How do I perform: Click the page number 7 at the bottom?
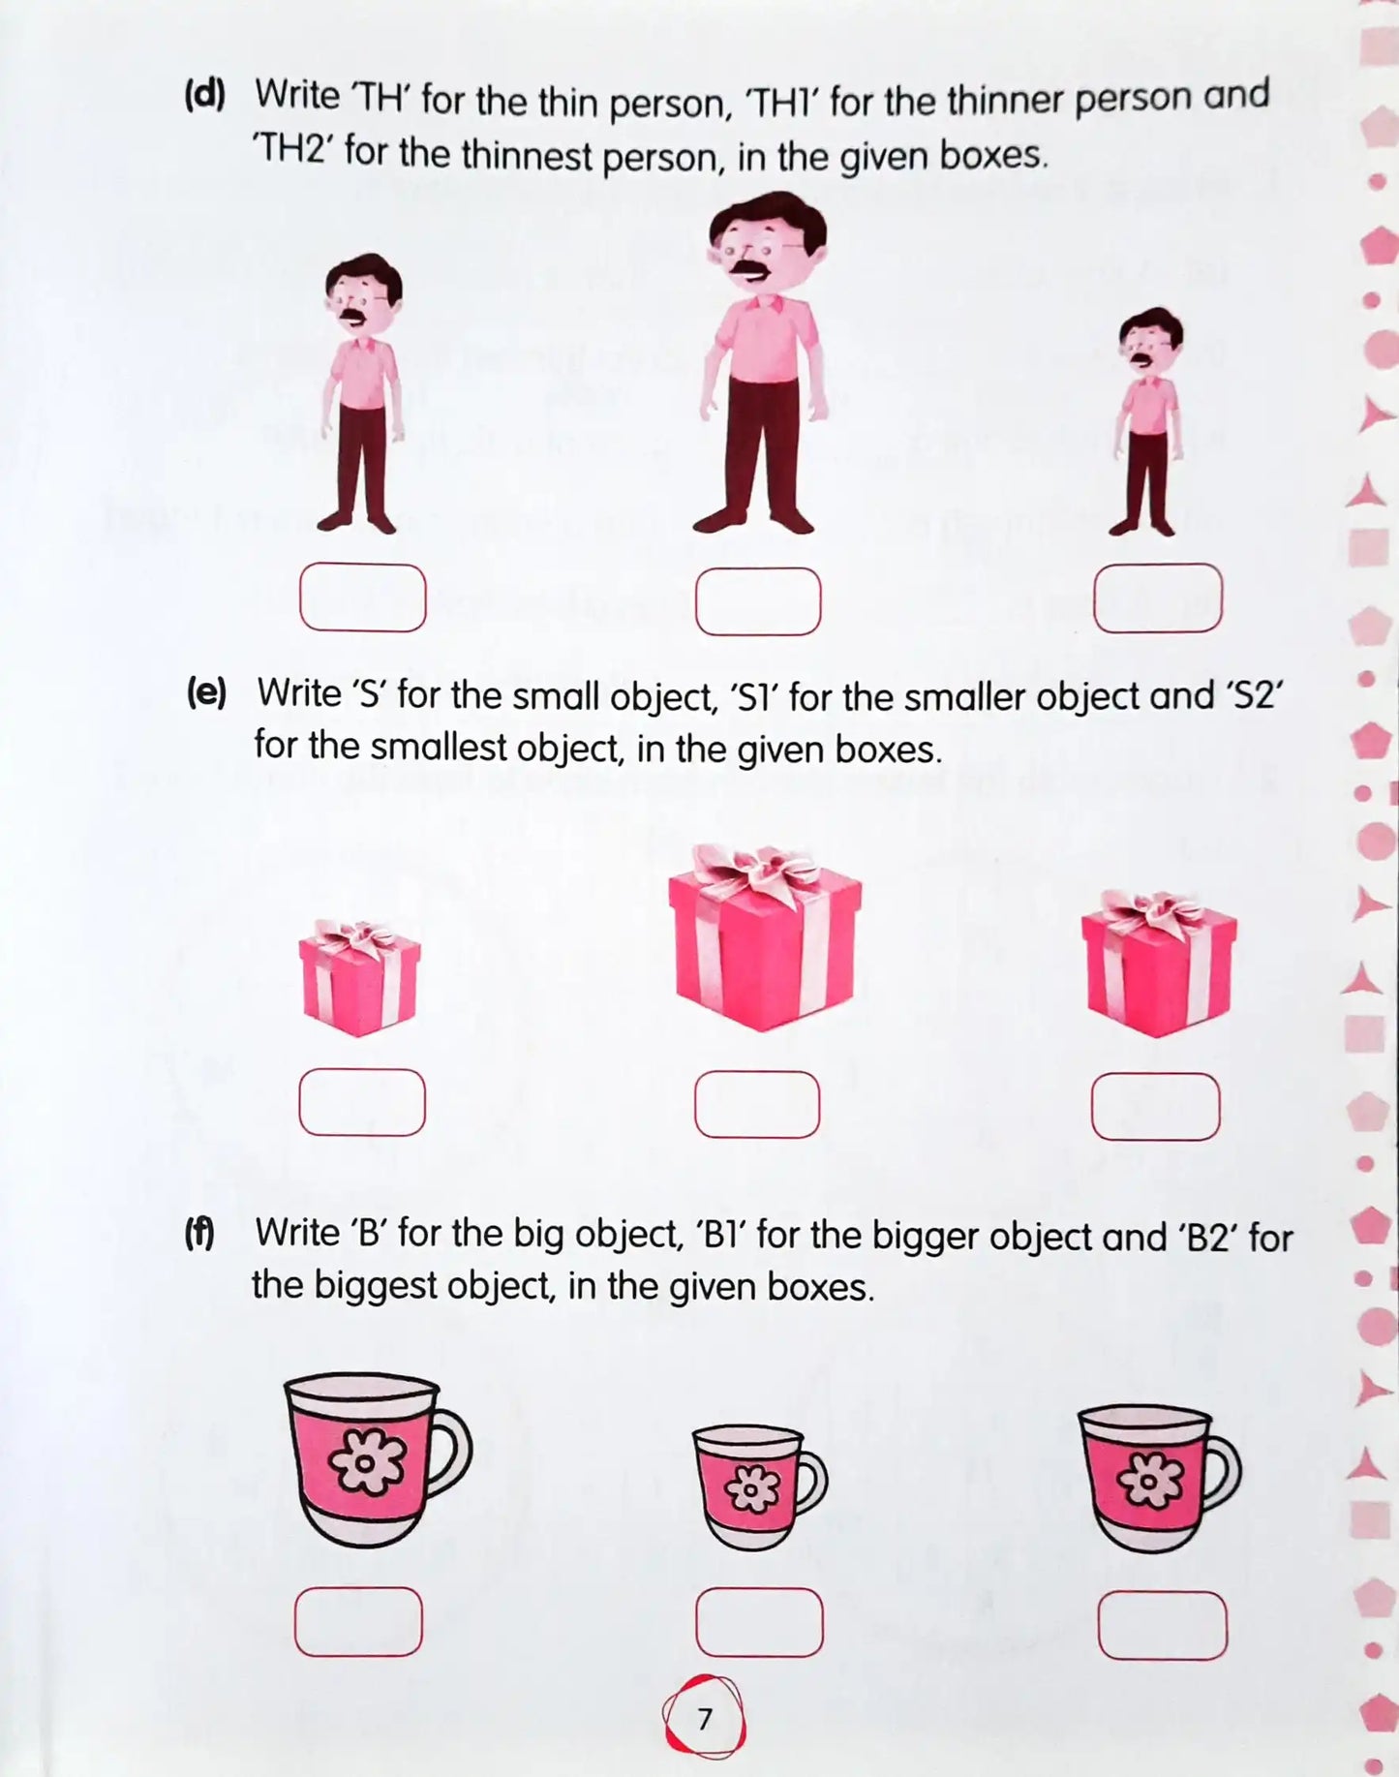click(x=704, y=1719)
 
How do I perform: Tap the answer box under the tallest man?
click(x=758, y=601)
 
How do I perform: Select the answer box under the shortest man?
click(x=1157, y=597)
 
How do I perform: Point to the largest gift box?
click(x=765, y=944)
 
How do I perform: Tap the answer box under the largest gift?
click(x=757, y=1104)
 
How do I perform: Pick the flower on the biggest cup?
click(x=366, y=1460)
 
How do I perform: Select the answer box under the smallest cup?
click(x=759, y=1622)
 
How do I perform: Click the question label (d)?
click(x=204, y=95)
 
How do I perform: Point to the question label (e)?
click(x=206, y=693)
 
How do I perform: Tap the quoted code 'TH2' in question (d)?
click(x=293, y=150)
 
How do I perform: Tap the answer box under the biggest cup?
click(x=358, y=1621)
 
